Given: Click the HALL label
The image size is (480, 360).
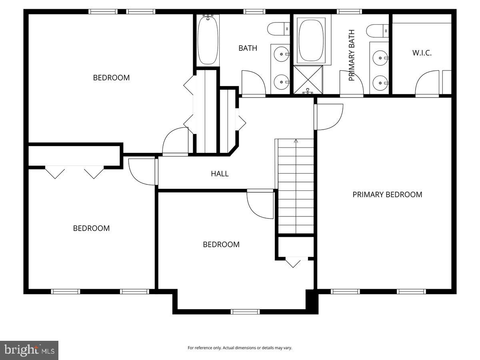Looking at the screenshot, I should click(220, 174).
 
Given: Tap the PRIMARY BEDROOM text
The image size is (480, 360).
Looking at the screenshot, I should click(387, 195).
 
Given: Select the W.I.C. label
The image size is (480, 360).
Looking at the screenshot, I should click(422, 53).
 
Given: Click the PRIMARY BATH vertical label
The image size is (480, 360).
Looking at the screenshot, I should click(352, 55).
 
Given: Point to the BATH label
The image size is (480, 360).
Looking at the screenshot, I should click(248, 48).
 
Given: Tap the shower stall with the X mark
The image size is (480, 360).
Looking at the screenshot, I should click(308, 79).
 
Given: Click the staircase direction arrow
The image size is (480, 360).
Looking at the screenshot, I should click(296, 141).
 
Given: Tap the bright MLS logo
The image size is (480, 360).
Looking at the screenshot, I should click(29, 350).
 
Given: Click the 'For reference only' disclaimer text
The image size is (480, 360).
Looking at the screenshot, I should click(240, 348).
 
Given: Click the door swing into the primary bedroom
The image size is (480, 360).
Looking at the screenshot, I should click(329, 117).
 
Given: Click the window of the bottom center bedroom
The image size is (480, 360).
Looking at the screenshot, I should click(245, 312).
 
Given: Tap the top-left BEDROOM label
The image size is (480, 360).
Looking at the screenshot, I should click(111, 78).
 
